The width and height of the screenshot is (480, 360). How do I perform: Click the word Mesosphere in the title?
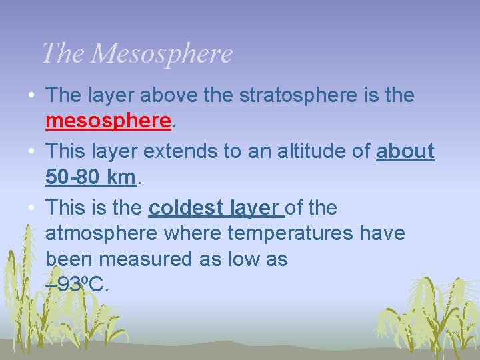pyautogui.click(x=161, y=53)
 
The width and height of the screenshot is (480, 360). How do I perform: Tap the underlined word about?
pyautogui.click(x=405, y=151)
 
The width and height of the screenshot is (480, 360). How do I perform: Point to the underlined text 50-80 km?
pyautogui.click(x=91, y=177)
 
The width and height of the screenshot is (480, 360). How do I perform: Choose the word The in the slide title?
pyautogui.click(x=63, y=53)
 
